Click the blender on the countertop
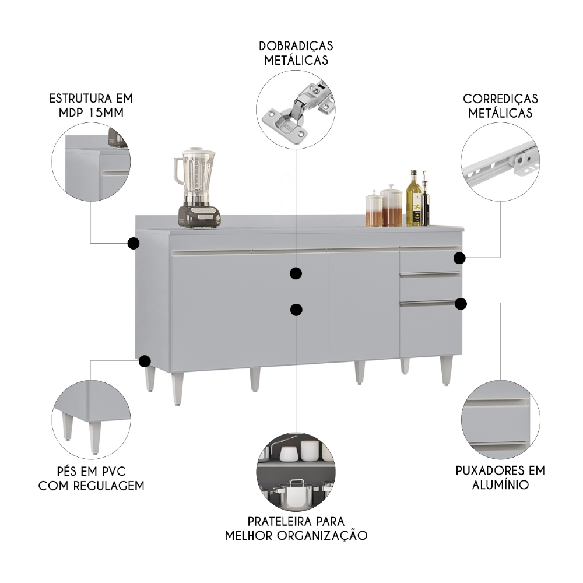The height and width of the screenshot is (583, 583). click(197, 188)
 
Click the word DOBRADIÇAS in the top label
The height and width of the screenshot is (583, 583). click(296, 46)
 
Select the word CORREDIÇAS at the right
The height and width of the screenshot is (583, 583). click(500, 99)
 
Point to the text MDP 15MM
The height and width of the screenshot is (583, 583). click(91, 113)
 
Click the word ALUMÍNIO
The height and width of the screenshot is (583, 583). click(500, 485)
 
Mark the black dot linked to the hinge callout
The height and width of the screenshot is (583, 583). click(296, 273)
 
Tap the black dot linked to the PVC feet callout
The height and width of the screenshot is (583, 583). click(144, 361)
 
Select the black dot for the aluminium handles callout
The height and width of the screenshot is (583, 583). click(461, 304)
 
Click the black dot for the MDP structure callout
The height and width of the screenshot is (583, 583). click(133, 244)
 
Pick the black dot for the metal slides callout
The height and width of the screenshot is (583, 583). click(459, 258)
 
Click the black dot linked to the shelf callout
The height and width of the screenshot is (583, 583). click(296, 310)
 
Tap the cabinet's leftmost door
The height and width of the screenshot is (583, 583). click(211, 311)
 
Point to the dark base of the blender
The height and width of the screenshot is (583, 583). click(199, 216)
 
